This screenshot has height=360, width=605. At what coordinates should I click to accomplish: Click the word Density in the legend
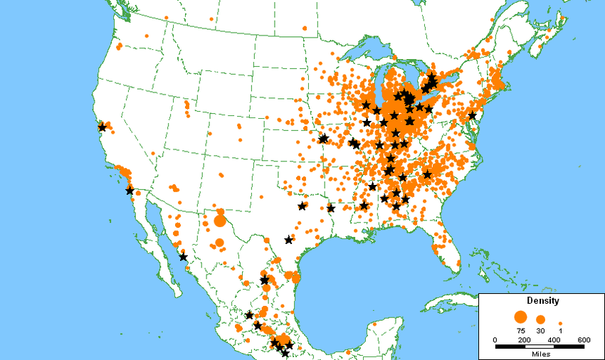coord(538,301)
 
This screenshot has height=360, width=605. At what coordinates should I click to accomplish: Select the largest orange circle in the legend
coord(520,317)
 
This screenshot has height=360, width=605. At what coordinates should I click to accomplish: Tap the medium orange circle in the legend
coord(540,319)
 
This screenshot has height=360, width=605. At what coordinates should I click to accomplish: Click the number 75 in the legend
coord(520,331)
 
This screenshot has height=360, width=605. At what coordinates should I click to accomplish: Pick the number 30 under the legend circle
coord(540,331)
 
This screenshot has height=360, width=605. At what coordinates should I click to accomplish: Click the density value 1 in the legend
coord(561,331)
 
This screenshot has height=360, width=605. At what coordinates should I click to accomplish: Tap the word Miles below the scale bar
coord(540,354)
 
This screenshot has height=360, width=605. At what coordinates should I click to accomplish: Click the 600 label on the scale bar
coord(584,339)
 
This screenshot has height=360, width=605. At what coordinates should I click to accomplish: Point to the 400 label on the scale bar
coord(554,339)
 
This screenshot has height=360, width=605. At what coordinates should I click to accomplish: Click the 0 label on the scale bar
coord(495,339)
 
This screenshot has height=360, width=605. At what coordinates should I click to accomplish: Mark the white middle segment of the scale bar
coord(540,346)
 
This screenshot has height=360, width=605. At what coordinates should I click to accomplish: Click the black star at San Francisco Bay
coord(102,127)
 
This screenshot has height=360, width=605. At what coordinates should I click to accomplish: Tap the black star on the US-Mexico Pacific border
coord(130,190)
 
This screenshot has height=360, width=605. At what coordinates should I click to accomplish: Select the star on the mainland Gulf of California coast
coord(183,257)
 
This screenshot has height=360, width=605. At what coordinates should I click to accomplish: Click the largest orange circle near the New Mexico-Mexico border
coord(219,221)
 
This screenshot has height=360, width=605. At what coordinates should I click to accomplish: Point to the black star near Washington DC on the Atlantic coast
coord(472,115)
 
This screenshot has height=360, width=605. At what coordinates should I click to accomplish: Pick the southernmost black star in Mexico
coord(285,353)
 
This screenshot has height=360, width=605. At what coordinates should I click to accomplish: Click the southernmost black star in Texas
coord(288,240)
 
